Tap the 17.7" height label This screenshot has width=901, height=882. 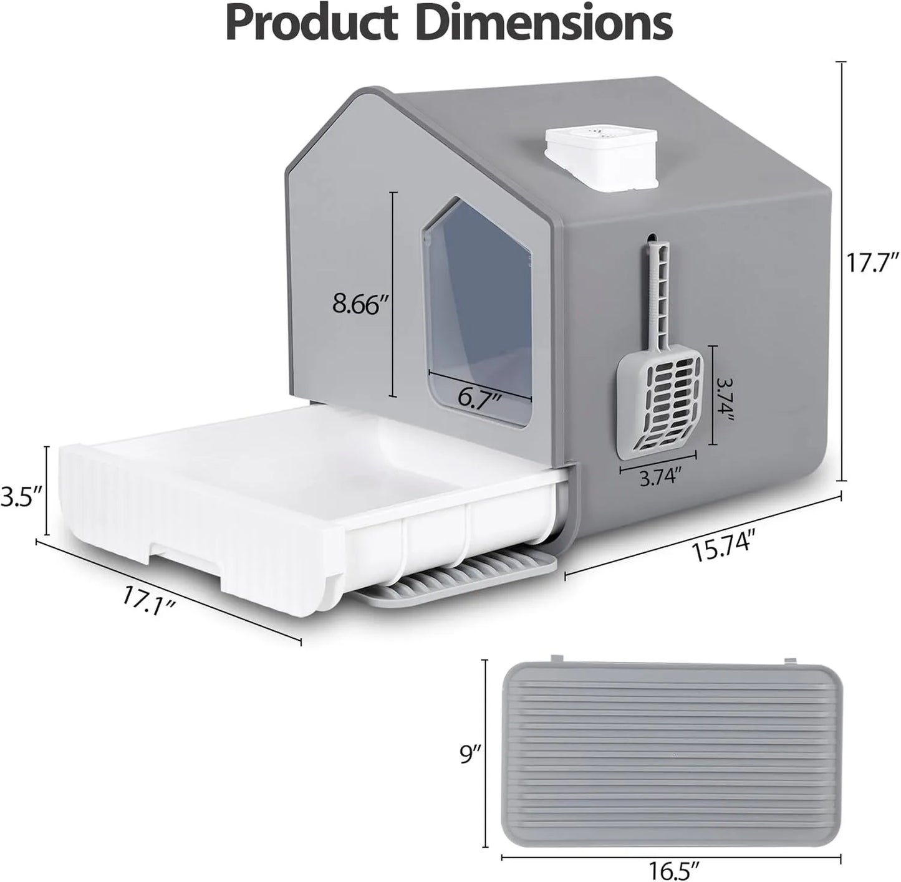click(x=872, y=262)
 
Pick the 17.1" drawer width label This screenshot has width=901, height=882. click(x=147, y=601)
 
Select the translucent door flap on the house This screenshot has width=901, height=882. click(x=480, y=312)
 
